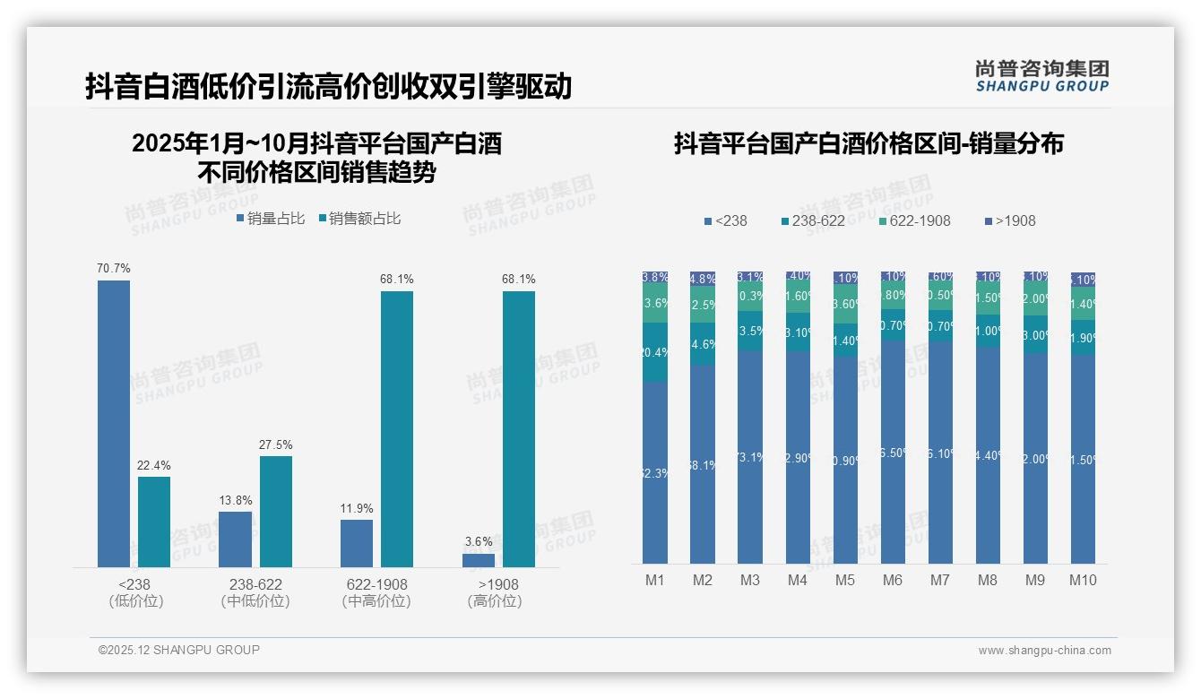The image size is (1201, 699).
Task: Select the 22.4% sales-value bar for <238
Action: coord(154,522)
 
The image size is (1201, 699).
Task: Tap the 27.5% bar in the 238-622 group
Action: coord(276,511)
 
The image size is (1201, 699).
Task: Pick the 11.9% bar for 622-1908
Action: coord(357,543)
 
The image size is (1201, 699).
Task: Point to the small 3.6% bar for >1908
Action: coord(479,560)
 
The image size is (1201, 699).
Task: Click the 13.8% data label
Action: coord(236,500)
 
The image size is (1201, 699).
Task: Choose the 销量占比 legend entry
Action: coord(271,219)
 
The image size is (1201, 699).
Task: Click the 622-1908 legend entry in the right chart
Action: coord(913,220)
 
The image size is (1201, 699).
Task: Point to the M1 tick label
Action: coord(655,580)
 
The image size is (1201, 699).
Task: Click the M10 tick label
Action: coord(1083,580)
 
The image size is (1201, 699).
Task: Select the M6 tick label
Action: coord(893,580)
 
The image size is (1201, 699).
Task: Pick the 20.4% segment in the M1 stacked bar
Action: coord(655,352)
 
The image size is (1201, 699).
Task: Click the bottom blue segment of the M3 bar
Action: coord(750,457)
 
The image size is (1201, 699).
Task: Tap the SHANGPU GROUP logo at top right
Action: coord(1042,76)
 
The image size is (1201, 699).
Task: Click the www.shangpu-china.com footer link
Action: coord(1044,651)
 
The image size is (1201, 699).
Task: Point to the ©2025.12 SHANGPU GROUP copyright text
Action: coord(179,650)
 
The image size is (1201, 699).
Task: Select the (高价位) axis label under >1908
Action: coord(495,601)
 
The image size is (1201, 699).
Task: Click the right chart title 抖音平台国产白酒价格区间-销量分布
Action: coord(868,143)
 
